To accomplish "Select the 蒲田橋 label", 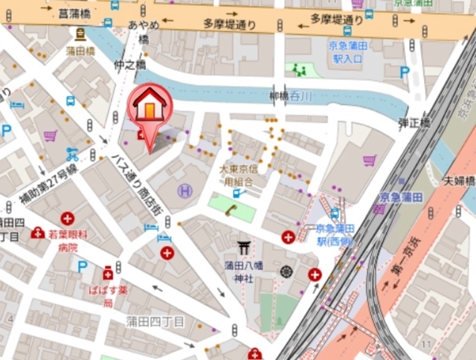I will click(x=79, y=51).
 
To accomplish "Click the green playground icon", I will click(x=300, y=71).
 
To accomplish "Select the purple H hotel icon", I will click(x=184, y=191).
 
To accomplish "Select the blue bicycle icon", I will click(x=72, y=155).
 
